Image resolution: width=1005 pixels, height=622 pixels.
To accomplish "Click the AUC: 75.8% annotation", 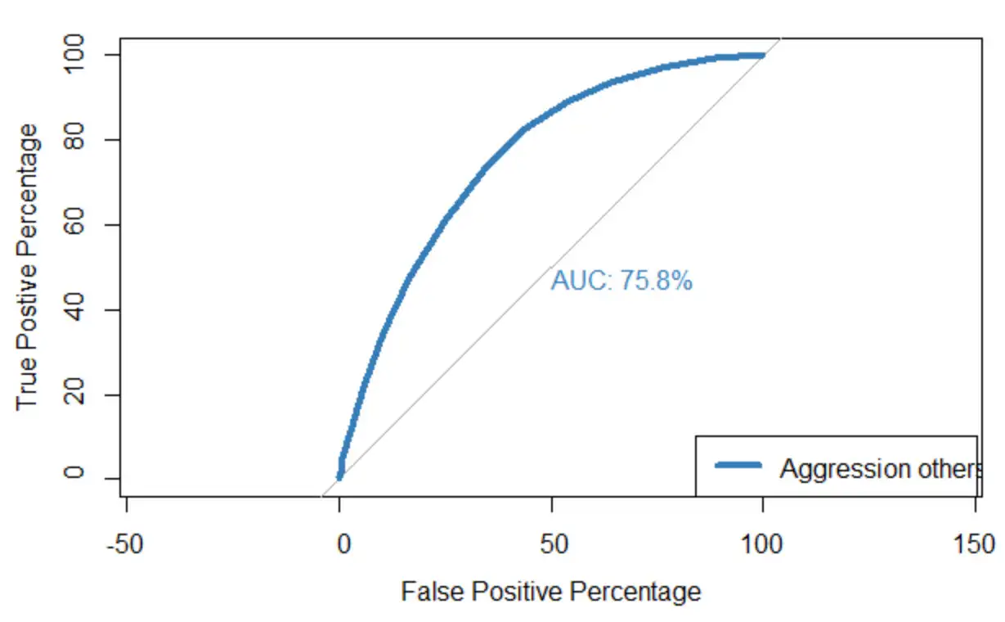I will [x=621, y=281].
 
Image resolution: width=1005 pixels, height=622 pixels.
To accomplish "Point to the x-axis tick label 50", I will [x=554, y=544].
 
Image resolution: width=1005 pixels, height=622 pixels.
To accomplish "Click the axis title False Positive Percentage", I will [x=550, y=591].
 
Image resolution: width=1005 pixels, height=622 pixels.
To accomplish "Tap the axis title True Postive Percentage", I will [x=28, y=267].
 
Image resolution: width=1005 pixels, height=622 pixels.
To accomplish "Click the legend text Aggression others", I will [x=879, y=468].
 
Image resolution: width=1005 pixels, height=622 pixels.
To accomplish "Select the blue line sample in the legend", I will [x=738, y=466].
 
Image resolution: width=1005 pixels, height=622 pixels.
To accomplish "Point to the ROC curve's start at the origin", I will [x=339, y=476].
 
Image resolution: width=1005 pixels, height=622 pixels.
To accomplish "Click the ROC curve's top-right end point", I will [x=762, y=55].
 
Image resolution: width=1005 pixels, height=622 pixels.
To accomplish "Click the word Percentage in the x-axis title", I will [x=638, y=591].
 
